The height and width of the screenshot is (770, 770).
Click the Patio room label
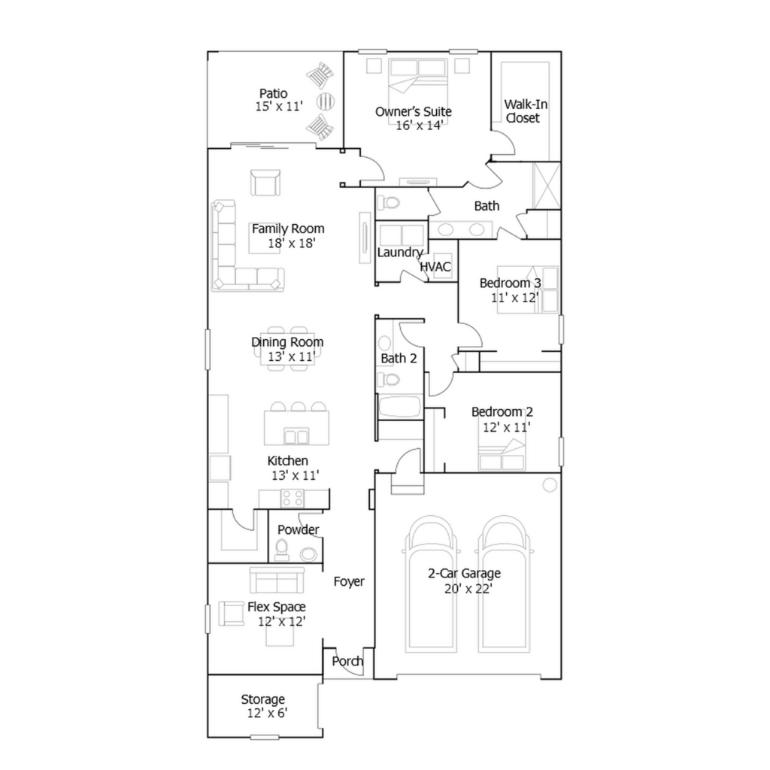274,93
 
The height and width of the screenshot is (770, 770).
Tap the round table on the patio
325,102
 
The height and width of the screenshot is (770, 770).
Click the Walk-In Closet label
525,111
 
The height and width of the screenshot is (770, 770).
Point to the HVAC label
435,267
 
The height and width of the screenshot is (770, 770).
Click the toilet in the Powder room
281,550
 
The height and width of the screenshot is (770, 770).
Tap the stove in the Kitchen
293,498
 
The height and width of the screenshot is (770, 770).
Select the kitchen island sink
296,436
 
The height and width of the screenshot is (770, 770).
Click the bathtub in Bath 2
399,407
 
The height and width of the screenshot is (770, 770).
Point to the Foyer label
349,582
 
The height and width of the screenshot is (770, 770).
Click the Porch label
347,661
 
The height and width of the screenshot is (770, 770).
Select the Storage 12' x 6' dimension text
267,713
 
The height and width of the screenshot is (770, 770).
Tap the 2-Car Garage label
464,574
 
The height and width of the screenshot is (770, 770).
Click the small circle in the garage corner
550,485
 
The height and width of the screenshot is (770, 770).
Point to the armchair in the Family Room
265,182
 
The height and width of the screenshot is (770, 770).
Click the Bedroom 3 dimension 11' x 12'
514,298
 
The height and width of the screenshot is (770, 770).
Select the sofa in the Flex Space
277,580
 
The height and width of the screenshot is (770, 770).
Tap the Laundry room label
400,253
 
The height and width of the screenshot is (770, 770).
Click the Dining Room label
287,342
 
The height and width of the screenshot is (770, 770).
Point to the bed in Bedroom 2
502,455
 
